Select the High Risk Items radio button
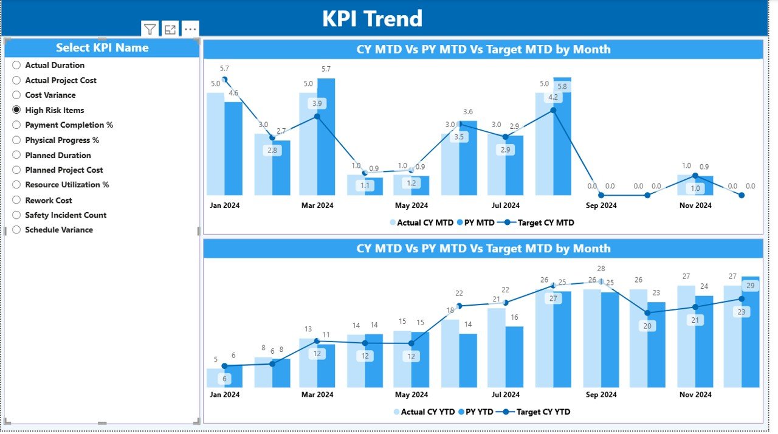tap(16, 110)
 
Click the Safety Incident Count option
tap(66, 215)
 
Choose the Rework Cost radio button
tap(16, 200)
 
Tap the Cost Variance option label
tap(50, 95)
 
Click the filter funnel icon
tap(150, 29)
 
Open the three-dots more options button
tap(190, 29)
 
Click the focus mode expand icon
tap(170, 29)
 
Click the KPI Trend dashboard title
tap(372, 18)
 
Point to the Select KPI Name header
tap(102, 48)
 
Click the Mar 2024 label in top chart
tap(317, 205)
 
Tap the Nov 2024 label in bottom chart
tap(695, 394)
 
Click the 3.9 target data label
tap(317, 104)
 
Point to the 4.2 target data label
tap(553, 97)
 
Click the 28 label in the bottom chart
tap(601, 269)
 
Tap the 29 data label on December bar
tap(751, 286)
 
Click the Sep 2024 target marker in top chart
tap(601, 195)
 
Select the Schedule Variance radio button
tap(16, 230)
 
